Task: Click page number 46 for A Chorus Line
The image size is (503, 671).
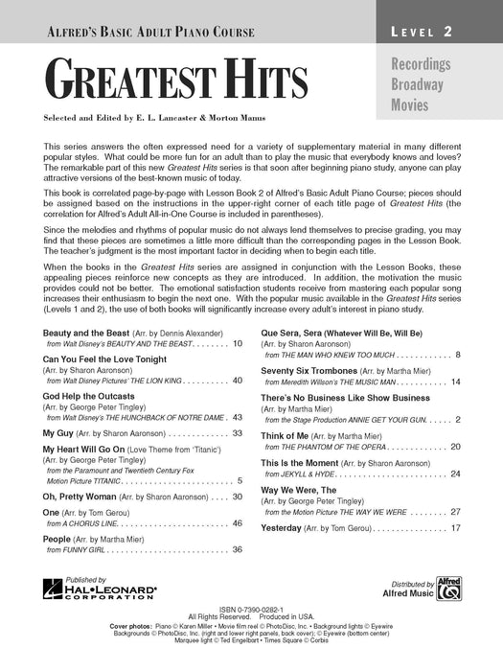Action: coord(237,523)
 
